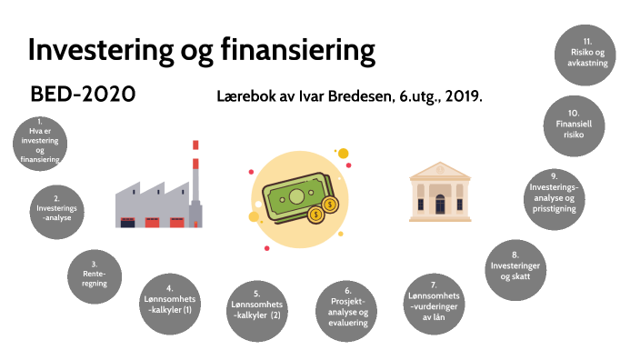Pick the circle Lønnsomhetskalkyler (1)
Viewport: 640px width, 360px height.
(169, 299)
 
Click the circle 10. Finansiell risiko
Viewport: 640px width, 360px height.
(575, 123)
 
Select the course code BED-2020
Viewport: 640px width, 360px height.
(83, 94)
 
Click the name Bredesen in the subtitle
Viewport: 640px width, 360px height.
(356, 95)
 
